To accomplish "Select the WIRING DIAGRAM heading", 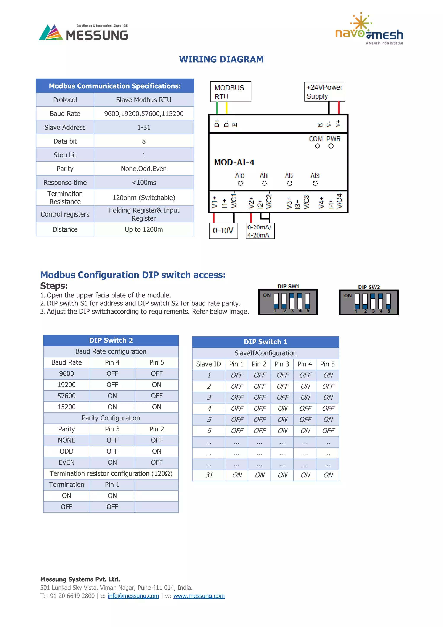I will [221, 59].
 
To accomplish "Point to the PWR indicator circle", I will [331, 146].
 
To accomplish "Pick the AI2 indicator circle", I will [289, 184].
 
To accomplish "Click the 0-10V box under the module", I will [223, 231].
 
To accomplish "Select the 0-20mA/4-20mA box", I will [260, 231].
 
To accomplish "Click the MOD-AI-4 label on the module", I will [234, 162].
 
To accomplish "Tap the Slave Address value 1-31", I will [144, 128].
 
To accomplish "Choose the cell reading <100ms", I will [144, 183].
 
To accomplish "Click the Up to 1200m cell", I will [144, 229].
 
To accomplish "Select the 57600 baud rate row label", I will [67, 396].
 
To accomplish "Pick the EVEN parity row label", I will [67, 462].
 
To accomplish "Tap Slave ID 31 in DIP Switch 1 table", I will [209, 475].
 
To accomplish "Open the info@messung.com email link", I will [133, 596].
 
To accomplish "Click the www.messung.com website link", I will [199, 596].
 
